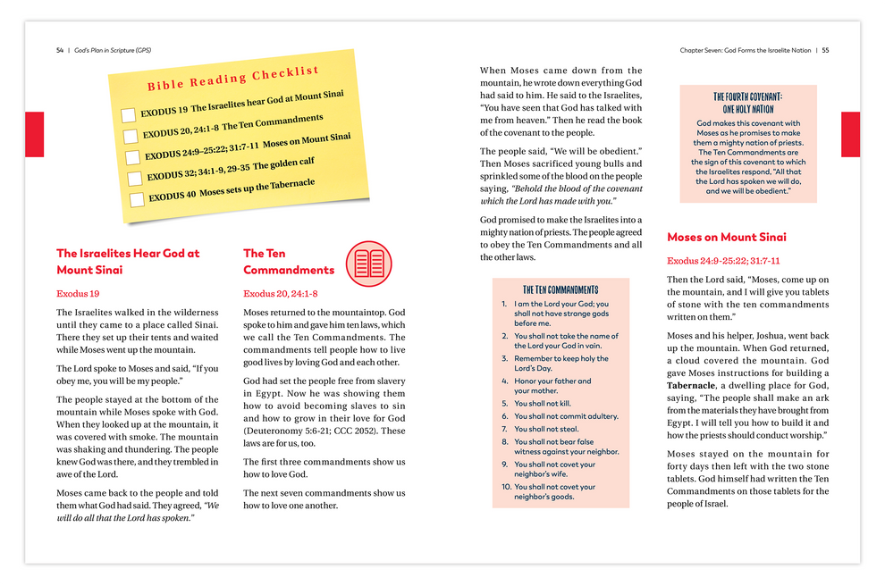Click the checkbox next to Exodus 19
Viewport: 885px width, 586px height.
128,114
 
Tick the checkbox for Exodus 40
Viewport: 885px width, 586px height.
137,199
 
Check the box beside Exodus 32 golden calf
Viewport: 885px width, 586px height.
135,178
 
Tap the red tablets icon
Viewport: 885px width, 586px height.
369,263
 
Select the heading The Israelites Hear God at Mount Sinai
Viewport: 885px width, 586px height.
128,261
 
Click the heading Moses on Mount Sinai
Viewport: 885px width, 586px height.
727,237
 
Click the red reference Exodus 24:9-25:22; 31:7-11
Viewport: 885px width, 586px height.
723,261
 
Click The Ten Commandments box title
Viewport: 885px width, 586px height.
560,289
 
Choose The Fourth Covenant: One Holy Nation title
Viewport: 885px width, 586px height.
748,103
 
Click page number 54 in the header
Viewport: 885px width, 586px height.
59,50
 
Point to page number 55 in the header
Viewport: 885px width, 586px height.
825,50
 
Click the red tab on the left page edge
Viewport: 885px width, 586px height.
34,134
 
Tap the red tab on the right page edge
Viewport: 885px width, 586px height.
850,134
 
